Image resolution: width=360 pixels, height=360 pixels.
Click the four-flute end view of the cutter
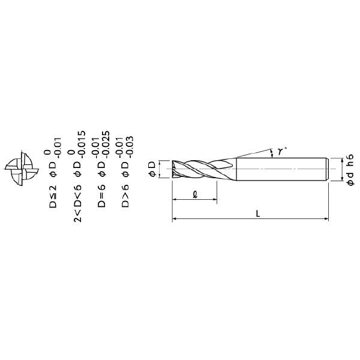22,169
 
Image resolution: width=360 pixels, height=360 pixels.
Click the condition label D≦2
53,197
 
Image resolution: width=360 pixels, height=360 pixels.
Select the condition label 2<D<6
77,203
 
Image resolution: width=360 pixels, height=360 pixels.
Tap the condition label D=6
101,196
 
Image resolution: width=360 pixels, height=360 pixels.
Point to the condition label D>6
125,196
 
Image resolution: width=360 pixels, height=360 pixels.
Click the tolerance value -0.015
82,145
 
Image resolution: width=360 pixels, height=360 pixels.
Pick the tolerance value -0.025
106,145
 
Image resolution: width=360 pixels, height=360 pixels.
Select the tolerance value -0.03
130,147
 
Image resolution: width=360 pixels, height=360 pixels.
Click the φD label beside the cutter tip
152,169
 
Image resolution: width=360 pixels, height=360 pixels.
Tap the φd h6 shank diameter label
350,170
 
